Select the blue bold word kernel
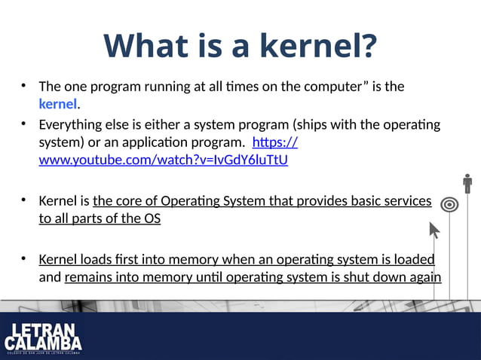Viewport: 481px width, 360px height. click(58, 103)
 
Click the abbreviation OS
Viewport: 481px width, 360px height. click(152, 219)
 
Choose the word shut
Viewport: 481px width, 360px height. click(345, 277)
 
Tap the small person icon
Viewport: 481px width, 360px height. click(467, 183)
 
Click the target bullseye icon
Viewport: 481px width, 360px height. click(449, 204)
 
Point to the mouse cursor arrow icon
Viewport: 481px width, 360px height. click(434, 229)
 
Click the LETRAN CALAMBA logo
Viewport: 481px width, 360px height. click(42, 338)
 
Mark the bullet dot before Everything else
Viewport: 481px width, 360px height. click(24, 123)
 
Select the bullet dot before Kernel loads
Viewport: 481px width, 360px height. click(24, 258)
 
